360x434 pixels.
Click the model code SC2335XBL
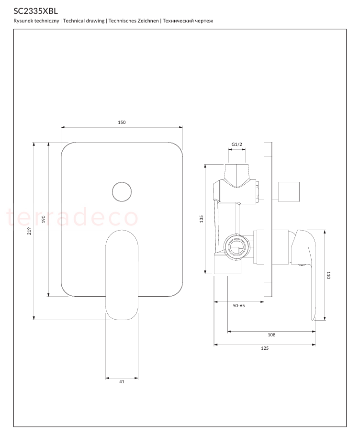[x=36, y=11]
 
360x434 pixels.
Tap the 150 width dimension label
[x=122, y=122]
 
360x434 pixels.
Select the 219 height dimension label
[x=29, y=231]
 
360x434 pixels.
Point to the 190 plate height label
[x=44, y=219]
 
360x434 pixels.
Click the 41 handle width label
[x=122, y=382]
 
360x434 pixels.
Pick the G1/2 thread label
[x=237, y=144]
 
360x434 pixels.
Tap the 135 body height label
[x=202, y=219]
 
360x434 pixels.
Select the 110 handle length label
[x=328, y=275]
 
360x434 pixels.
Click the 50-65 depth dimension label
[x=239, y=306]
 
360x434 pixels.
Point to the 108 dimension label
[x=271, y=335]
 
